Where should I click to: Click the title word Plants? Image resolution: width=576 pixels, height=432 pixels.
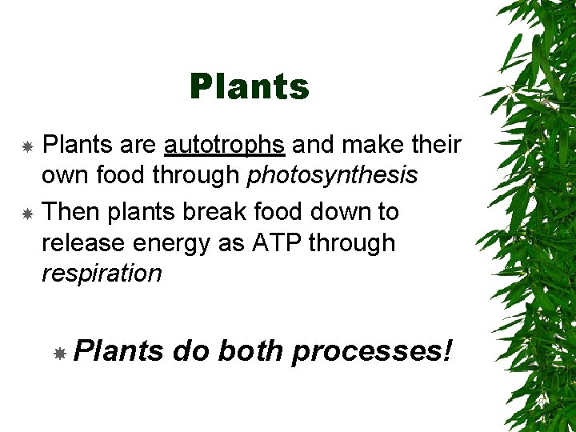[249, 87]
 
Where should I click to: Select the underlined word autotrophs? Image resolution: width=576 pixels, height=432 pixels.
[224, 145]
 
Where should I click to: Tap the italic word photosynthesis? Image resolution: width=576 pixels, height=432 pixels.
[332, 175]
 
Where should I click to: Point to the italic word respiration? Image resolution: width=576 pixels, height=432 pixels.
[101, 274]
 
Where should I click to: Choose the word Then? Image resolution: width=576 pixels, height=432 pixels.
[70, 212]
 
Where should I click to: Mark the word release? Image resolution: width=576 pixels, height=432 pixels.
[82, 242]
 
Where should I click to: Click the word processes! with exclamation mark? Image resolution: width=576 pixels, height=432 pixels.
[372, 351]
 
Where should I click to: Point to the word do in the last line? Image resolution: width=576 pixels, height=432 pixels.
[190, 350]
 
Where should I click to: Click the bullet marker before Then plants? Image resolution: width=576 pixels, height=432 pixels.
[27, 214]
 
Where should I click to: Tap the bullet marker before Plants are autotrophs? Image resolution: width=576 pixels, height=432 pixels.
[27, 146]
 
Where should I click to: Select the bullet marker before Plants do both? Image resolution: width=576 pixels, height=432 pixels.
[59, 353]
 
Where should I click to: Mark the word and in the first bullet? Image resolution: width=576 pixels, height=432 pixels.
[314, 145]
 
